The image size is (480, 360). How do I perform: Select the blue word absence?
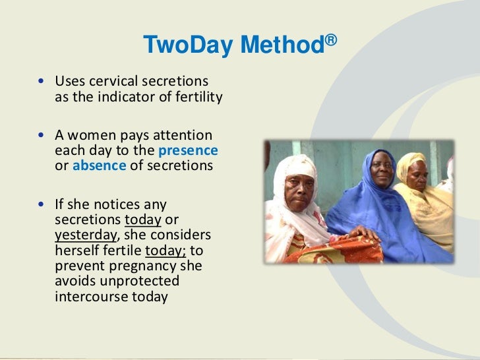pos(99,165)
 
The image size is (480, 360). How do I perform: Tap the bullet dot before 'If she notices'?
pos(43,205)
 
